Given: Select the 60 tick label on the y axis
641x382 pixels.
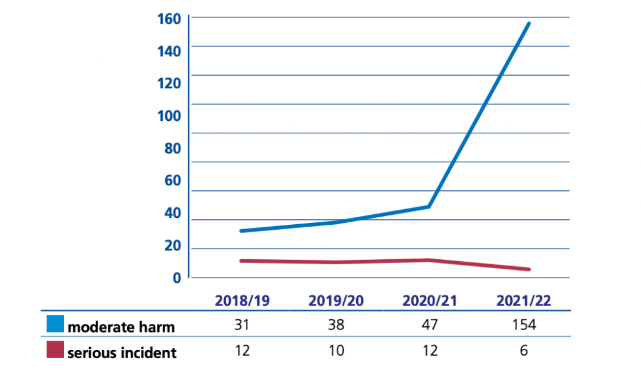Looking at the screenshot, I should coord(172,180).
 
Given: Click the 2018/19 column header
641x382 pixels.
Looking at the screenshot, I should coord(242,301).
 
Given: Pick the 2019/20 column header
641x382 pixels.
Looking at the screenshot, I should coord(336,301).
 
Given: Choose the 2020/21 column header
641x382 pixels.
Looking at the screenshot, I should coord(429,301).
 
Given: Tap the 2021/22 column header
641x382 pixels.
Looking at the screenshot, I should coord(523,301).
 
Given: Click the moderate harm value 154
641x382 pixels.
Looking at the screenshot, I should coord(524,326).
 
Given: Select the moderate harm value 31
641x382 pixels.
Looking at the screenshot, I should coord(242,326).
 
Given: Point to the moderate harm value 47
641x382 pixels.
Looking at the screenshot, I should coord(430,326).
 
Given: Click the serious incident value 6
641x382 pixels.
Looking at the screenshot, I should coord(524,351).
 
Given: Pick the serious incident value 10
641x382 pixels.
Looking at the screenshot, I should coord(336,351).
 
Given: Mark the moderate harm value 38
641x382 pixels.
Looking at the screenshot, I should coord(336,326).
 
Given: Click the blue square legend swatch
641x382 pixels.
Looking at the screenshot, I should coord(54,324).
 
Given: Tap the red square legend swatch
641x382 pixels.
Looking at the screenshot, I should coord(54,350).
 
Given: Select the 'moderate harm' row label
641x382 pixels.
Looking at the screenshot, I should coord(121,327).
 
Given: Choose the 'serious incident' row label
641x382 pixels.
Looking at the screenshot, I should coord(122,353).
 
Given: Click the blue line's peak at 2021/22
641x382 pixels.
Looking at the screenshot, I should coord(529,24).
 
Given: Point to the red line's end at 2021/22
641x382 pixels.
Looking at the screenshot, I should coord(529,269).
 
